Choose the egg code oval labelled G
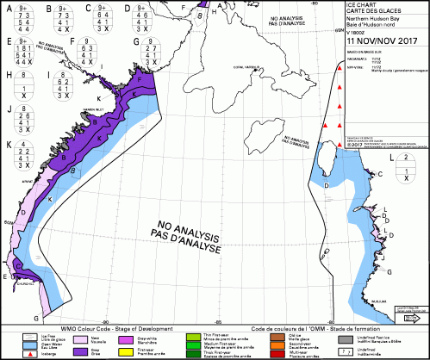click(x=159, y=53)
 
